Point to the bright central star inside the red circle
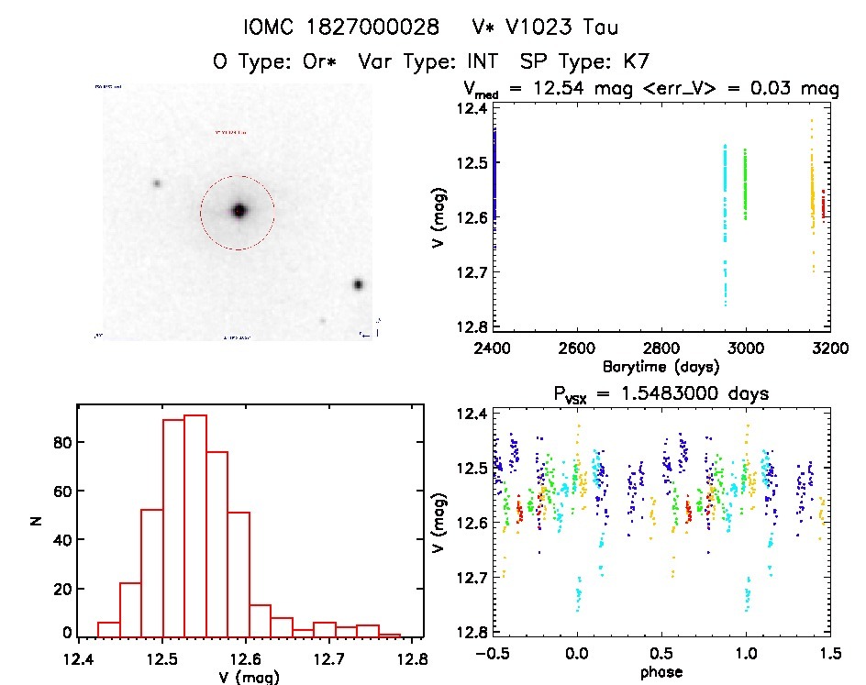[239, 211]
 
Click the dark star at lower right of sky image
[358, 284]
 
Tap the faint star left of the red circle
[157, 183]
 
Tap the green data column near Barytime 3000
[745, 183]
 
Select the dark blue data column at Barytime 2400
[494, 174]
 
